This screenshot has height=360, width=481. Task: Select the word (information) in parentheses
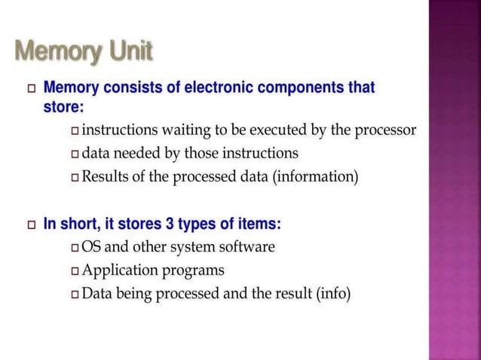click(314, 178)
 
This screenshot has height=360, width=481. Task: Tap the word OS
click(91, 247)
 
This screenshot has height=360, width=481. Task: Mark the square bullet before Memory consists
click(31, 89)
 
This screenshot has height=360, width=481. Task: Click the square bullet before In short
click(31, 224)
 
